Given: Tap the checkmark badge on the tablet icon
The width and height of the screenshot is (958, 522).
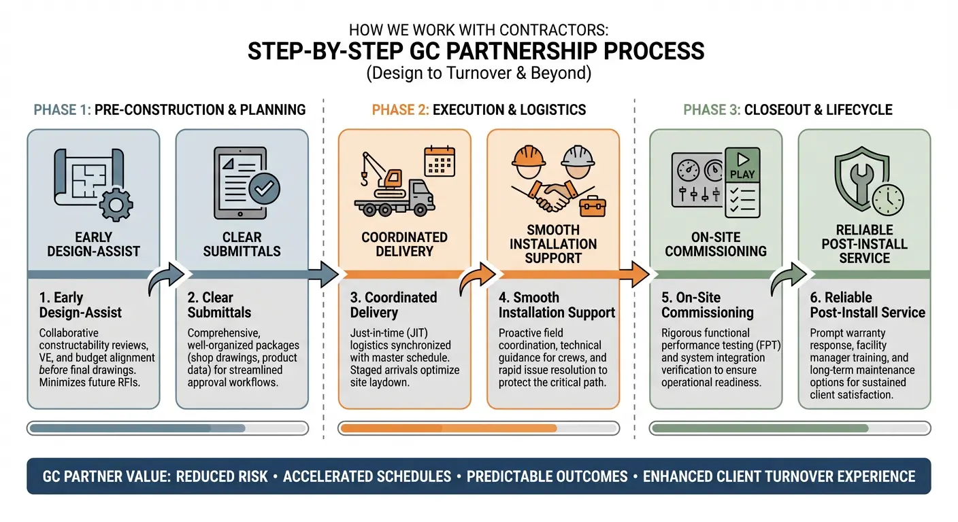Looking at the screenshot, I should (263, 190).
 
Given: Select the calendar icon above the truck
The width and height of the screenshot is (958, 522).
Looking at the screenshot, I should (439, 162).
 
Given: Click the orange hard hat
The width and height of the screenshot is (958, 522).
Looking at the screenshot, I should (529, 158).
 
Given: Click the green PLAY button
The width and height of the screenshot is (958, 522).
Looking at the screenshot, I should (742, 167).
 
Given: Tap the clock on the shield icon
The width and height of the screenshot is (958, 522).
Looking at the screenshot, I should (886, 201).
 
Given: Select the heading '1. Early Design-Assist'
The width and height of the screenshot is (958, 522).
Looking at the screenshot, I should (80, 305).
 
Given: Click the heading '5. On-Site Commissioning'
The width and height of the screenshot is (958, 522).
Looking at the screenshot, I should (707, 305).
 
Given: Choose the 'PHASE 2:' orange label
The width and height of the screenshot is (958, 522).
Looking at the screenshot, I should (399, 110).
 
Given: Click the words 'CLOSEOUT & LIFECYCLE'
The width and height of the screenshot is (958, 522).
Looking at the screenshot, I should (818, 110).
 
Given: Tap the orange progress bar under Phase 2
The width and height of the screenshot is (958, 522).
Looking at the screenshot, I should (448, 428).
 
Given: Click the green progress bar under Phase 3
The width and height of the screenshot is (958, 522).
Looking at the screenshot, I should (759, 428).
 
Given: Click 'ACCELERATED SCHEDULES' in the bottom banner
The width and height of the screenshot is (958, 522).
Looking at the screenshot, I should (367, 476).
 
